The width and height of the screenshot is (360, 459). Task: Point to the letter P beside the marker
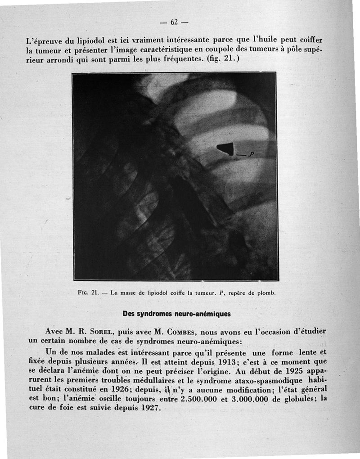[252, 154]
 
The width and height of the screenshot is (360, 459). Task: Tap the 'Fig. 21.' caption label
[88, 292]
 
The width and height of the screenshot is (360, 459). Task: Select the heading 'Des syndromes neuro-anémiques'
[176, 313]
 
